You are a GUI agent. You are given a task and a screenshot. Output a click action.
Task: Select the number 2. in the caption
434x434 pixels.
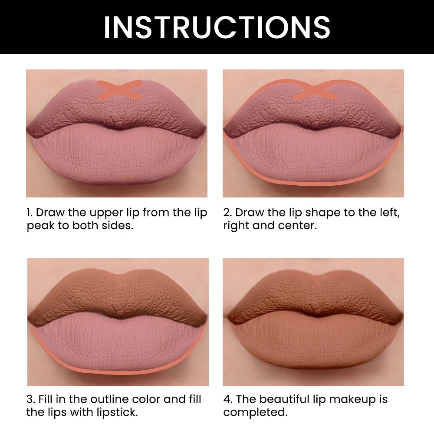click(x=228, y=213)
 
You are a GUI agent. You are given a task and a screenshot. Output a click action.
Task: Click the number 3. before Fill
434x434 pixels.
click(x=30, y=399)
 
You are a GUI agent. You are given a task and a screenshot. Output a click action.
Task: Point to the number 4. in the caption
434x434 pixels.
click(x=228, y=399)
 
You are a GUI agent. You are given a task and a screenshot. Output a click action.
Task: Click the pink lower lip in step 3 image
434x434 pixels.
click(x=117, y=347)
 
